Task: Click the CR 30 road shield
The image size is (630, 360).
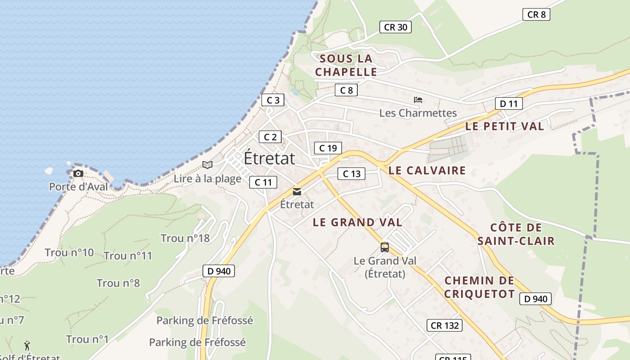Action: (396, 27)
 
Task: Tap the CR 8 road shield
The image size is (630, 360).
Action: (536, 14)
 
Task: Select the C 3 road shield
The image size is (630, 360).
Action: (273, 100)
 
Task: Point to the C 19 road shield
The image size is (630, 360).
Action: (328, 148)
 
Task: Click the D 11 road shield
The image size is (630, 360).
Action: (509, 103)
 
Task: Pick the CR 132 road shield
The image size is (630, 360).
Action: (445, 325)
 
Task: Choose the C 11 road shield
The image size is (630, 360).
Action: (263, 182)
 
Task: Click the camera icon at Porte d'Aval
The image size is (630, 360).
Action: (78, 174)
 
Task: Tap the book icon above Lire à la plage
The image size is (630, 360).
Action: (207, 165)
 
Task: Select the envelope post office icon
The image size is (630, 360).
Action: (297, 192)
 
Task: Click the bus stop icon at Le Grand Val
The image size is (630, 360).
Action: (384, 247)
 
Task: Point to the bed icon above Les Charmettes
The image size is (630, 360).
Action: (418, 100)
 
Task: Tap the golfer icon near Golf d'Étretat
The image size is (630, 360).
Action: (27, 346)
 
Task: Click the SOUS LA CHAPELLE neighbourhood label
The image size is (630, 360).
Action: (346, 65)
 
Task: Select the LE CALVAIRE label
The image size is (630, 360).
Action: (427, 171)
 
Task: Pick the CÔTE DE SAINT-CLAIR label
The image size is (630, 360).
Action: (516, 234)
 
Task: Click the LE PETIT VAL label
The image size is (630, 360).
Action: (504, 126)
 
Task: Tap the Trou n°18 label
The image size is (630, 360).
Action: (185, 238)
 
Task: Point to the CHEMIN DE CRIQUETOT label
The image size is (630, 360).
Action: (479, 288)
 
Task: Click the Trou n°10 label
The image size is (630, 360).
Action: (69, 252)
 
